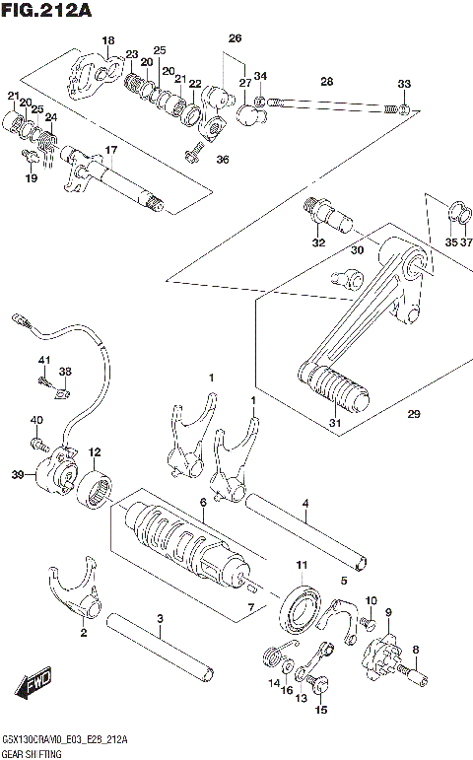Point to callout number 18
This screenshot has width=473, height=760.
108,39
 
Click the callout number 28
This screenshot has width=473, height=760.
326,80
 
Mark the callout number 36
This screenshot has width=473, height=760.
222,160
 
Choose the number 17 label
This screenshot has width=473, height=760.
111,150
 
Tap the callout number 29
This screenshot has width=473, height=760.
413,415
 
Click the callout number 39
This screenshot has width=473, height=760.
18,475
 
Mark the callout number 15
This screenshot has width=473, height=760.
320,709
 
